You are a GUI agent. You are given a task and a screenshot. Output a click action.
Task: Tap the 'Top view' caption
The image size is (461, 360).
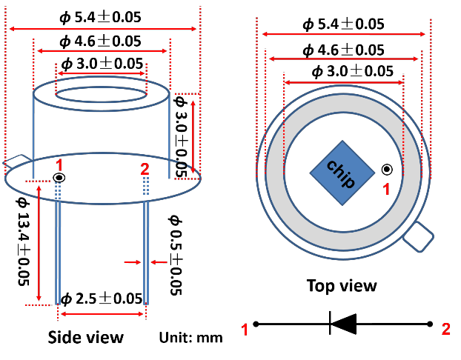pyautogui.click(x=342, y=285)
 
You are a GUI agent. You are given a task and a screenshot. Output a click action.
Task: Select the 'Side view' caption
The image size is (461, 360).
pyautogui.click(x=86, y=337)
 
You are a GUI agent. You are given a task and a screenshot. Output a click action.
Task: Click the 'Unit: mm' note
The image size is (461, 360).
pyautogui.click(x=190, y=338)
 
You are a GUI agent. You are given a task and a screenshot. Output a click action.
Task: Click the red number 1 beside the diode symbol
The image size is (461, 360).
pyautogui.click(x=245, y=330)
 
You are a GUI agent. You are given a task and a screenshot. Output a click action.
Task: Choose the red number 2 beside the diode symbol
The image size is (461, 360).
pyautogui.click(x=445, y=330)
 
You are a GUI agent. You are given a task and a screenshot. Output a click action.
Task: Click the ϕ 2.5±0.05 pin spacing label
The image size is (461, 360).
pyautogui.click(x=102, y=299)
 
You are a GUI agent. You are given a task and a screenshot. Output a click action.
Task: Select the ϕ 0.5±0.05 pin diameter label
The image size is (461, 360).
pyautogui.click(x=175, y=255)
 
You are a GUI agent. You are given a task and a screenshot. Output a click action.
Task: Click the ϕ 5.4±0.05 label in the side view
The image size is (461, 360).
pyautogui.click(x=103, y=16)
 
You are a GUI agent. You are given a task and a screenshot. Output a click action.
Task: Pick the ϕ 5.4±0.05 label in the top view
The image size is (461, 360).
pyautogui.click(x=343, y=24)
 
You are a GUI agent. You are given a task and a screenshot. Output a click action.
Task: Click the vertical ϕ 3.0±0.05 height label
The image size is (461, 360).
pyautogui.click(x=180, y=135)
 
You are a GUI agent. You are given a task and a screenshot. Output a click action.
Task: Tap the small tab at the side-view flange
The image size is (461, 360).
pyautogui.click(x=16, y=161)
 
